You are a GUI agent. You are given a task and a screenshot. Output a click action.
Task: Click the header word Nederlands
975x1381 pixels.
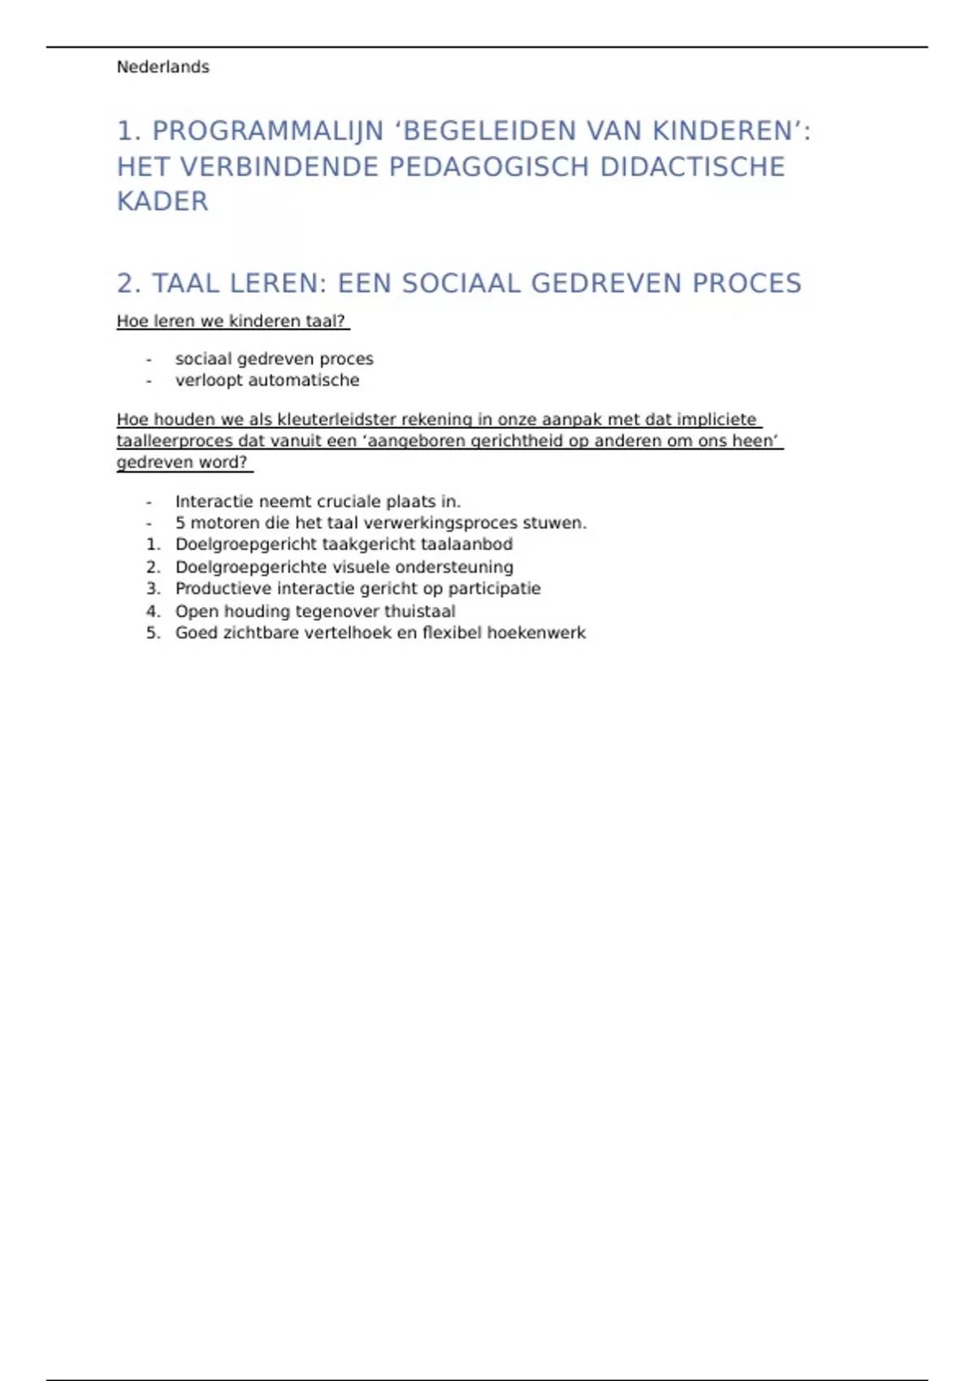(162, 67)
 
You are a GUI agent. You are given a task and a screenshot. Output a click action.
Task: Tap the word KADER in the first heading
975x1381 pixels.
(162, 201)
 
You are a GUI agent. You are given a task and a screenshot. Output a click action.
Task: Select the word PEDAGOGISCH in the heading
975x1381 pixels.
(489, 167)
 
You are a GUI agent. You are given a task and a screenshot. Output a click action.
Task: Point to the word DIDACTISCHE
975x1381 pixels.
(692, 167)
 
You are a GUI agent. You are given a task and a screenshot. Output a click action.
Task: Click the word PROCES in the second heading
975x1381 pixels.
(747, 284)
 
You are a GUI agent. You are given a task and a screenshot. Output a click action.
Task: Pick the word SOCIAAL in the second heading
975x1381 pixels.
(461, 284)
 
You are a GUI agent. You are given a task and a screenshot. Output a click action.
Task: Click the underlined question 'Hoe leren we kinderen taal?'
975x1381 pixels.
(232, 322)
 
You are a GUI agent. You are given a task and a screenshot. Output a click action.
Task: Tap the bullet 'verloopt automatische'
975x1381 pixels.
(266, 380)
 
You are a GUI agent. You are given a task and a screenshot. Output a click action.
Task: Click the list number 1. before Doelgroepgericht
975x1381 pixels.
(153, 544)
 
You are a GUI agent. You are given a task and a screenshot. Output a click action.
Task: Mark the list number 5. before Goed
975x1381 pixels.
(153, 633)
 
